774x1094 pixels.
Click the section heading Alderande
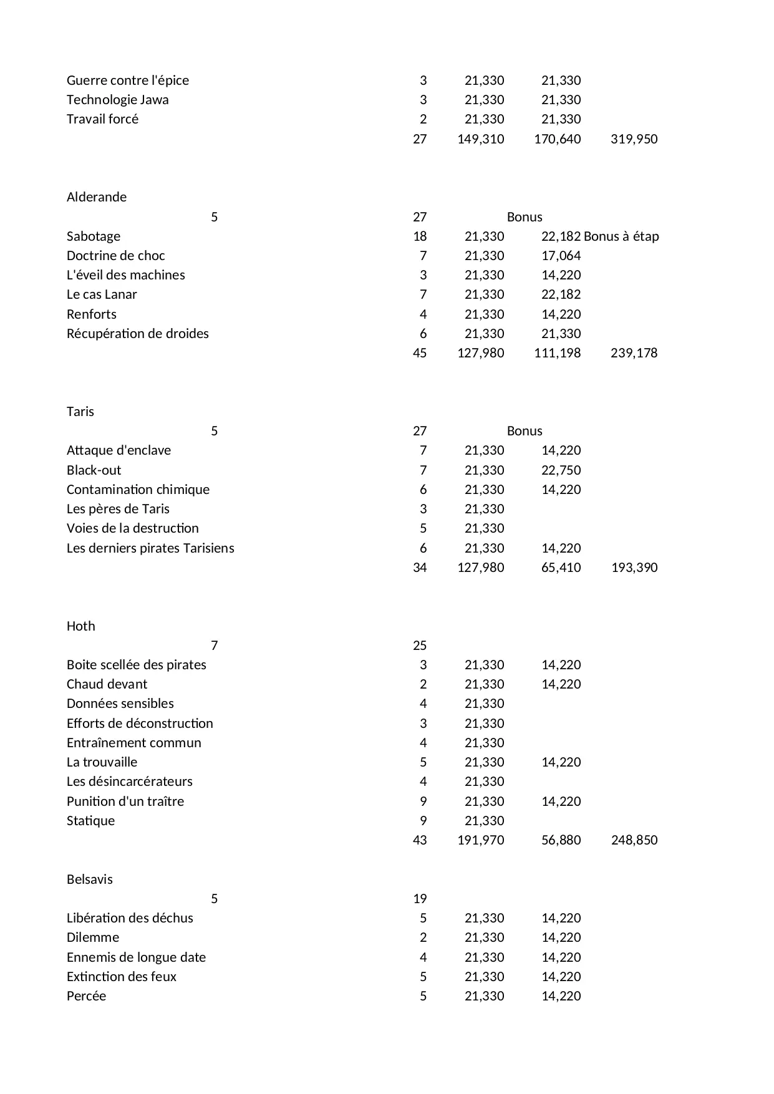97,197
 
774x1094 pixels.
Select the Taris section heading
80,412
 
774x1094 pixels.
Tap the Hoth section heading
81,626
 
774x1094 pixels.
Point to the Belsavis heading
90,879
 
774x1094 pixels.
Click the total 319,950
634,139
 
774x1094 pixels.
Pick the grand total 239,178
634,353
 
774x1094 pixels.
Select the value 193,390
634,568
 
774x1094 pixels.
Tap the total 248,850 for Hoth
634,840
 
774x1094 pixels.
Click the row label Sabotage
94,236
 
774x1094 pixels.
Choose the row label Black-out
94,470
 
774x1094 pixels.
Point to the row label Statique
91,821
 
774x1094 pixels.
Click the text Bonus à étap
621,236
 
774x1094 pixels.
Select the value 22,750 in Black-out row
561,470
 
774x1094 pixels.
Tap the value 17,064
561,256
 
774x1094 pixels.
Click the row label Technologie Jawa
118,100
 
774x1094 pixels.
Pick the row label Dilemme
93,937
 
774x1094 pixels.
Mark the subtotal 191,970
480,840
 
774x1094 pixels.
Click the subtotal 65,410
561,568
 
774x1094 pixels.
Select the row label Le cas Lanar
102,294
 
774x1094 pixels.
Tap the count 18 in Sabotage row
420,236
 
